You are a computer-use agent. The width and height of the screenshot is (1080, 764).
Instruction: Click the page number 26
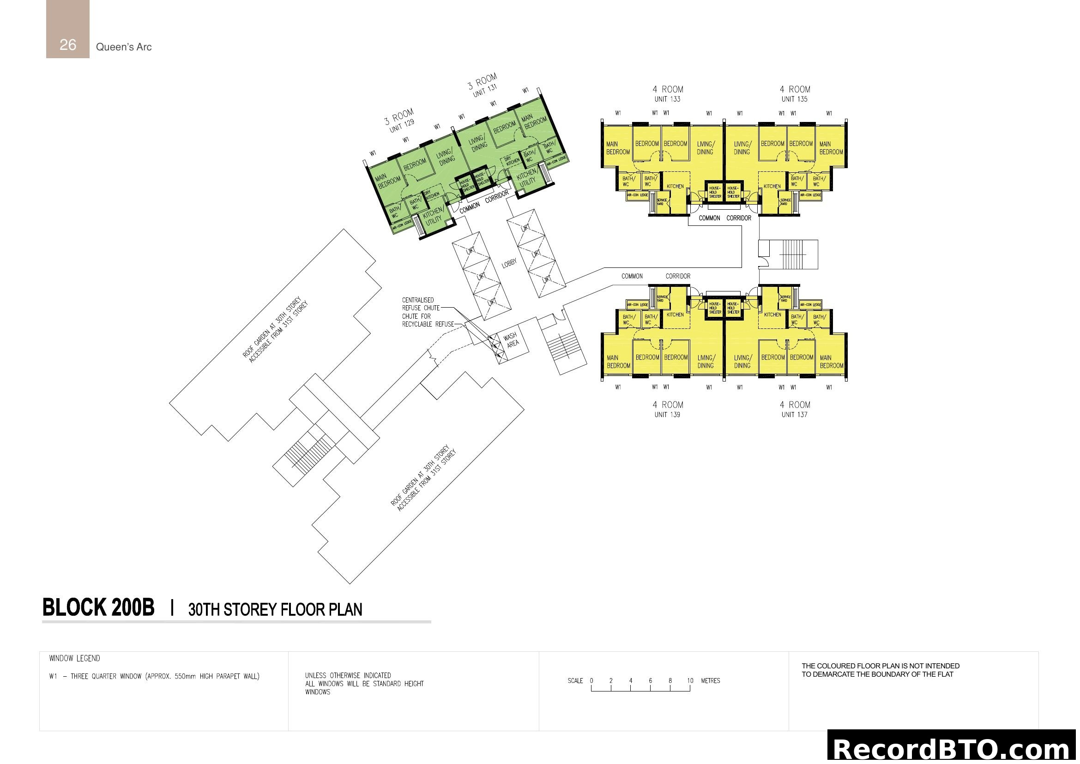(x=68, y=45)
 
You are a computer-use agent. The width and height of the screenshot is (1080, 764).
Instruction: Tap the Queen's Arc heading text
(x=124, y=47)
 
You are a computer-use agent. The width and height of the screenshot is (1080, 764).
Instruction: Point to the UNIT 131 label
(x=484, y=91)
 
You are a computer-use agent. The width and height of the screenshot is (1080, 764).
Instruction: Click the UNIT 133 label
(x=667, y=99)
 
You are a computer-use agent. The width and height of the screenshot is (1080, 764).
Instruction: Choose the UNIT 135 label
(x=795, y=99)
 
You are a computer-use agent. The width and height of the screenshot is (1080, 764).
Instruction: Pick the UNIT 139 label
(x=667, y=415)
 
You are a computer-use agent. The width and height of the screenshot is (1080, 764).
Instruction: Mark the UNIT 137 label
(x=795, y=415)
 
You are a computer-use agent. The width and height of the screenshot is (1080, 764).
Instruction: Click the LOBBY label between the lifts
(x=509, y=263)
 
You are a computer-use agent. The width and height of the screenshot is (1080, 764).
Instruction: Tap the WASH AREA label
(x=512, y=340)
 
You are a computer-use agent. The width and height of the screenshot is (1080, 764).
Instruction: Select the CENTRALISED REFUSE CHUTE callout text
(x=421, y=304)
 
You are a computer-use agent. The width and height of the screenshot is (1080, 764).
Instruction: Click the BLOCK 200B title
(x=98, y=607)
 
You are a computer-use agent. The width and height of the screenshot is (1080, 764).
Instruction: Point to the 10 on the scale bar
(x=690, y=681)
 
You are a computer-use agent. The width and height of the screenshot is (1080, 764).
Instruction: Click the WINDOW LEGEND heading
(x=75, y=659)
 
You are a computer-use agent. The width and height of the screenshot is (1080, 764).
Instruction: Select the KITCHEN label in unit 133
(x=675, y=186)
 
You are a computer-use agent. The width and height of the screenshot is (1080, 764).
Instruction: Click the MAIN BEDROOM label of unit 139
(x=618, y=362)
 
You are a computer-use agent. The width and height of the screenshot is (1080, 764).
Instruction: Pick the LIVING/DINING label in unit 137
(x=742, y=362)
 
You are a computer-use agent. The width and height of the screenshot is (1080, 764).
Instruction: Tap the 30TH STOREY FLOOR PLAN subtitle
(x=275, y=610)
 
